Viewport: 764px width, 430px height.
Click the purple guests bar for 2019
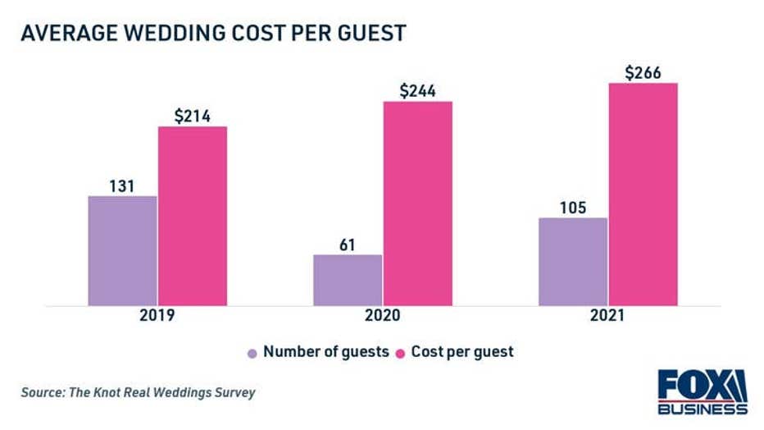pos(122,250)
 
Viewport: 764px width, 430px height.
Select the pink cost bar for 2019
pos(193,216)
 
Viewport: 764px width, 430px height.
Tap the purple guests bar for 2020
pos(348,280)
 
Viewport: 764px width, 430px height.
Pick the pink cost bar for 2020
pos(418,204)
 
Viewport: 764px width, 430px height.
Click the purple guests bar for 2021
pos(573,262)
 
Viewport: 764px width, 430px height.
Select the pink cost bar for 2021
pos(643,194)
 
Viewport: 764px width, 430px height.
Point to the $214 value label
pos(193,116)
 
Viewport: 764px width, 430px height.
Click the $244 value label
pos(418,91)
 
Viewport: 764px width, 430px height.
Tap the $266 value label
pos(643,72)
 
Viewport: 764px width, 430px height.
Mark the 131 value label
pos(122,185)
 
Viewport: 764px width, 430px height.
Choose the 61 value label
pos(348,244)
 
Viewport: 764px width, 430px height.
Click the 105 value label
pos(573,208)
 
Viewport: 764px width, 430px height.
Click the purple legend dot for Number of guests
pos(252,353)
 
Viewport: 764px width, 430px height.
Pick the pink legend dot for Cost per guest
pos(402,353)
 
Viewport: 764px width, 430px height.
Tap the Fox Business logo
pos(702,392)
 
